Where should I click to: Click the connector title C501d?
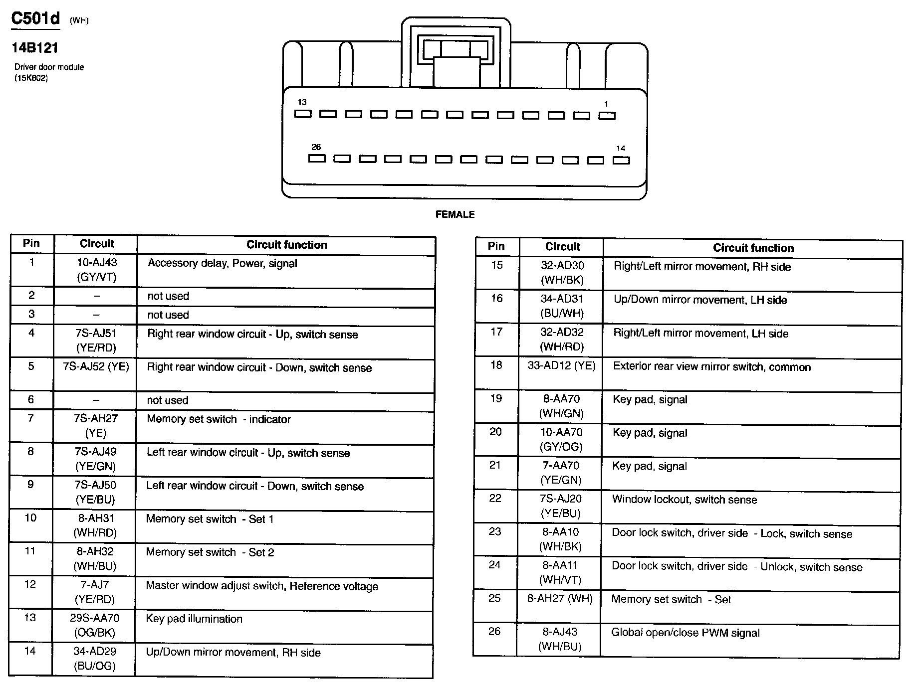(x=35, y=19)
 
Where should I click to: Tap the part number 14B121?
(x=35, y=48)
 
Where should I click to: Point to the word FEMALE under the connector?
(x=455, y=214)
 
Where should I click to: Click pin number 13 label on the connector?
(x=302, y=102)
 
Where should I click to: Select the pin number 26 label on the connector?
(x=316, y=147)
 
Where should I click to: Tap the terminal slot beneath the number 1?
(x=607, y=116)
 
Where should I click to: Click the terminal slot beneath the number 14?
(x=621, y=161)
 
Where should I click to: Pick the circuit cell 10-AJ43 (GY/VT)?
(x=97, y=270)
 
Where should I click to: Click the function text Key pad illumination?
(x=194, y=619)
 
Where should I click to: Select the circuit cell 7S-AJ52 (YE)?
(x=96, y=367)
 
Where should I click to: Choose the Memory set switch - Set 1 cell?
(x=210, y=519)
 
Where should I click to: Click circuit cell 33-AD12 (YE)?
(x=561, y=366)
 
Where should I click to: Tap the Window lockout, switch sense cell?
(x=685, y=500)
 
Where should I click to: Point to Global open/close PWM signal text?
(x=685, y=633)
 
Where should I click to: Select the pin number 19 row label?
(x=496, y=398)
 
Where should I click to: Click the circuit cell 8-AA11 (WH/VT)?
(x=560, y=572)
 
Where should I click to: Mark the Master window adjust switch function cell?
(x=262, y=586)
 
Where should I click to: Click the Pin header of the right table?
(x=496, y=246)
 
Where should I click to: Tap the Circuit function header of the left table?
(x=286, y=245)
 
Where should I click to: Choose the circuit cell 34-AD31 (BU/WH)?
(x=562, y=306)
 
